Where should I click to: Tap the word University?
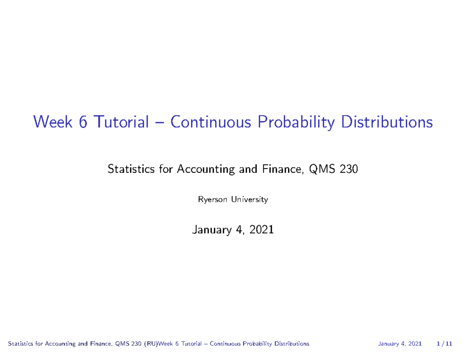click(x=249, y=200)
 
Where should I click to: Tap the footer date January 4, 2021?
click(x=400, y=344)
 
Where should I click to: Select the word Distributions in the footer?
click(x=292, y=344)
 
